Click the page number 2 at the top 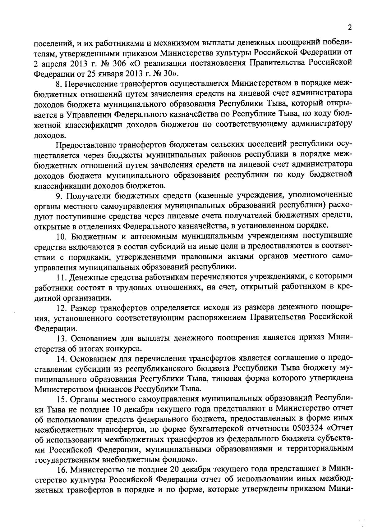(350, 28)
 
